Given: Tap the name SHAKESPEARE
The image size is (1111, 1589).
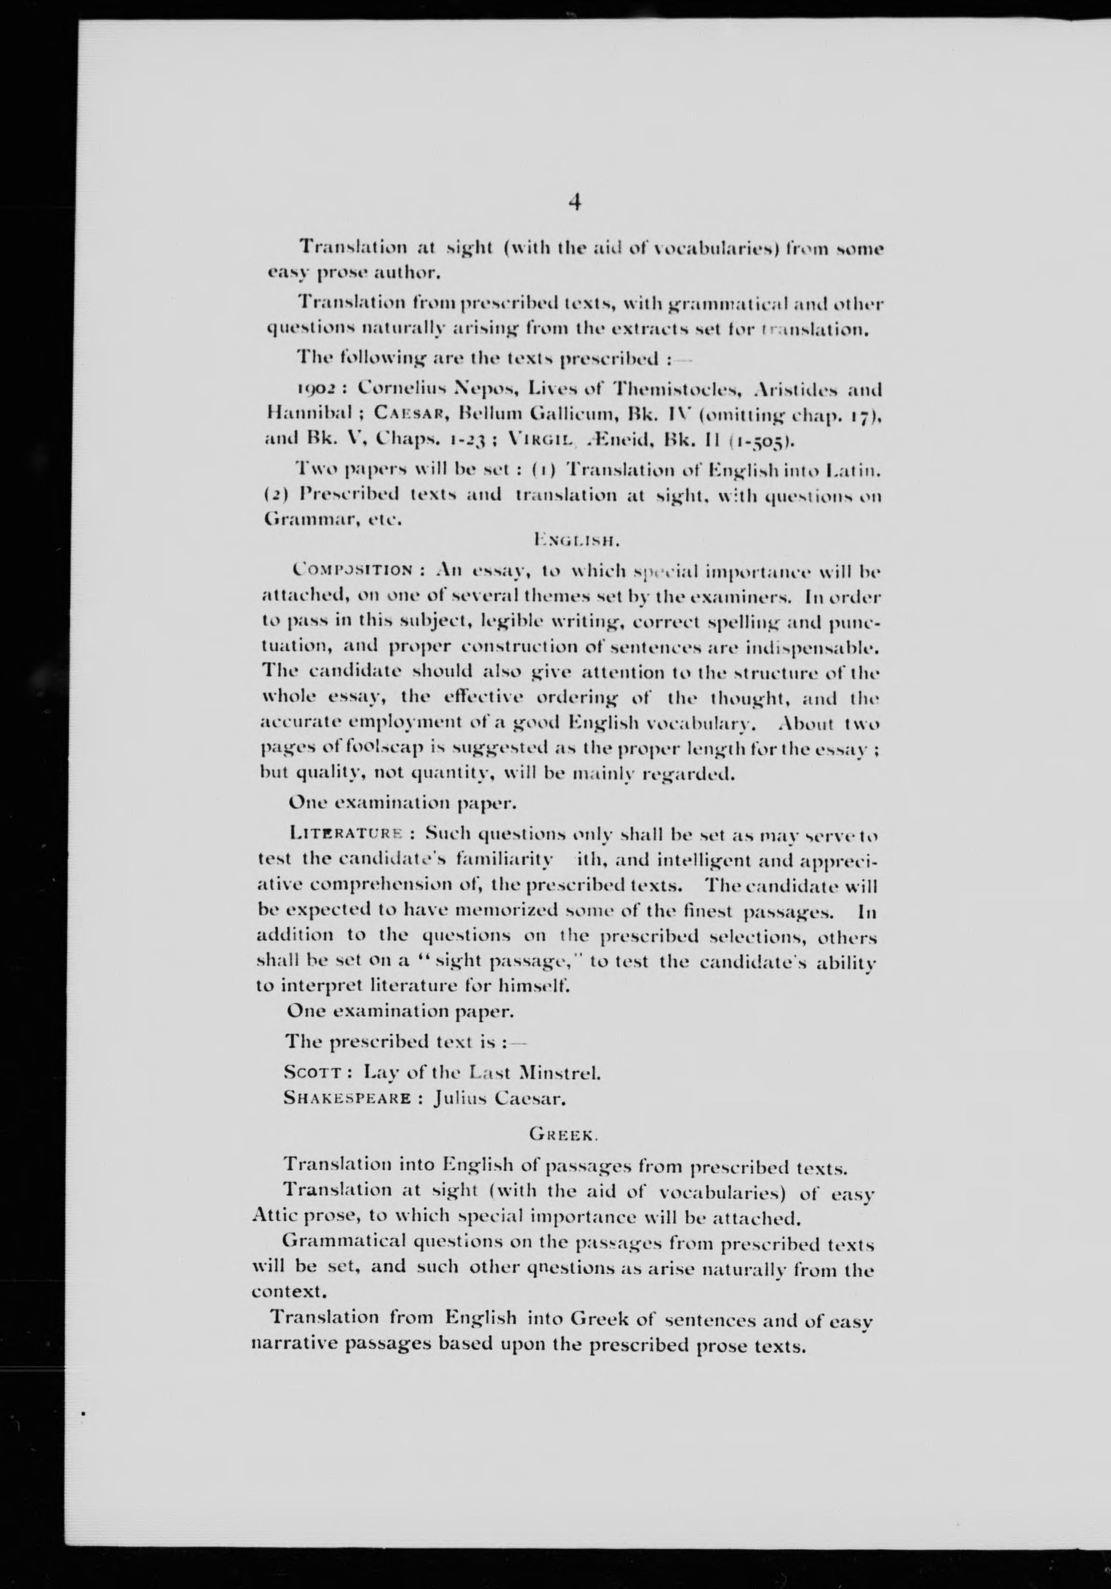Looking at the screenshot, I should pos(348,1098).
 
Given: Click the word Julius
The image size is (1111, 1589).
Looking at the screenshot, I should pos(459,1098).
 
